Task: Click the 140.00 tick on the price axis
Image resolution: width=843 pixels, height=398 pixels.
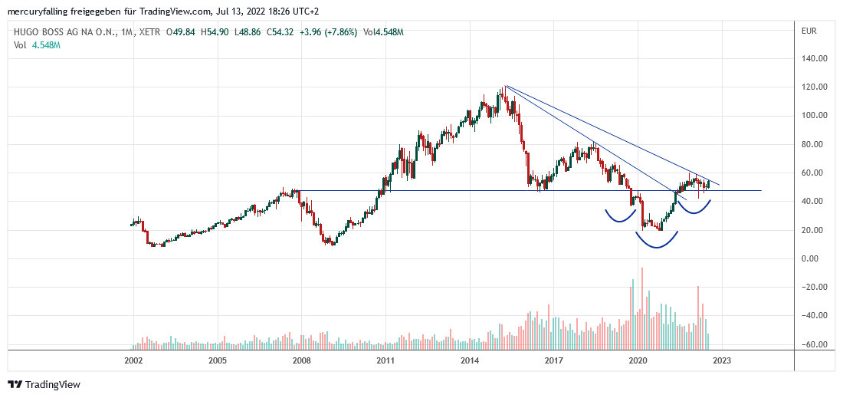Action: tap(814, 58)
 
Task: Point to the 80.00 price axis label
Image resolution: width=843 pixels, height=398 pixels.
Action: tap(814, 144)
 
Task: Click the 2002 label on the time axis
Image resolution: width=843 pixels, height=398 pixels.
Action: tap(133, 360)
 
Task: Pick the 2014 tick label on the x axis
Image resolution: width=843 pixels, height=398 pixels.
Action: tap(470, 360)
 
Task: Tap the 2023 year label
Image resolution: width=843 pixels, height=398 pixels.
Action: tap(722, 360)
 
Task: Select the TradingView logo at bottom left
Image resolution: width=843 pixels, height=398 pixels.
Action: tap(44, 384)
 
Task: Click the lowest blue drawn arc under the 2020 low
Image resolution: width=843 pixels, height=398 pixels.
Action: tap(658, 242)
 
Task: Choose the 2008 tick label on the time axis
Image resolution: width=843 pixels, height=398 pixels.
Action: tap(301, 360)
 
